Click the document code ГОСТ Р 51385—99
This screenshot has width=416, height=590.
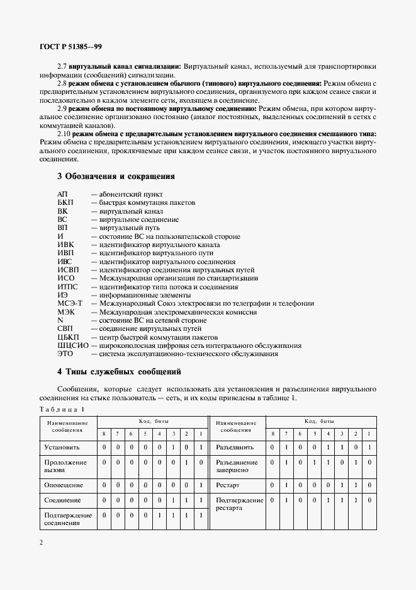pos(70,45)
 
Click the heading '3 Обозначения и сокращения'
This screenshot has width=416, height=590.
pos(116,176)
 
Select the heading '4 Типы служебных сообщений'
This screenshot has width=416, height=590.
pos(120,371)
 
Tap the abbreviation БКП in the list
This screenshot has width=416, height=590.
pos(65,203)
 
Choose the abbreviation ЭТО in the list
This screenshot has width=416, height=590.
pos(65,354)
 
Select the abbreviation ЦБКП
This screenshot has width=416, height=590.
pos(68,337)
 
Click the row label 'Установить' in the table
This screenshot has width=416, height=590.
pos(62,448)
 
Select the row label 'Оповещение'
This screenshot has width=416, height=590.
pos(63,485)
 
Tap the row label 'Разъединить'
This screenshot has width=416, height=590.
pos(235,448)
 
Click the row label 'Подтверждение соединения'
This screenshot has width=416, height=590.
pos(68,519)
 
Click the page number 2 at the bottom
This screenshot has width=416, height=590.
pos(41,542)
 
